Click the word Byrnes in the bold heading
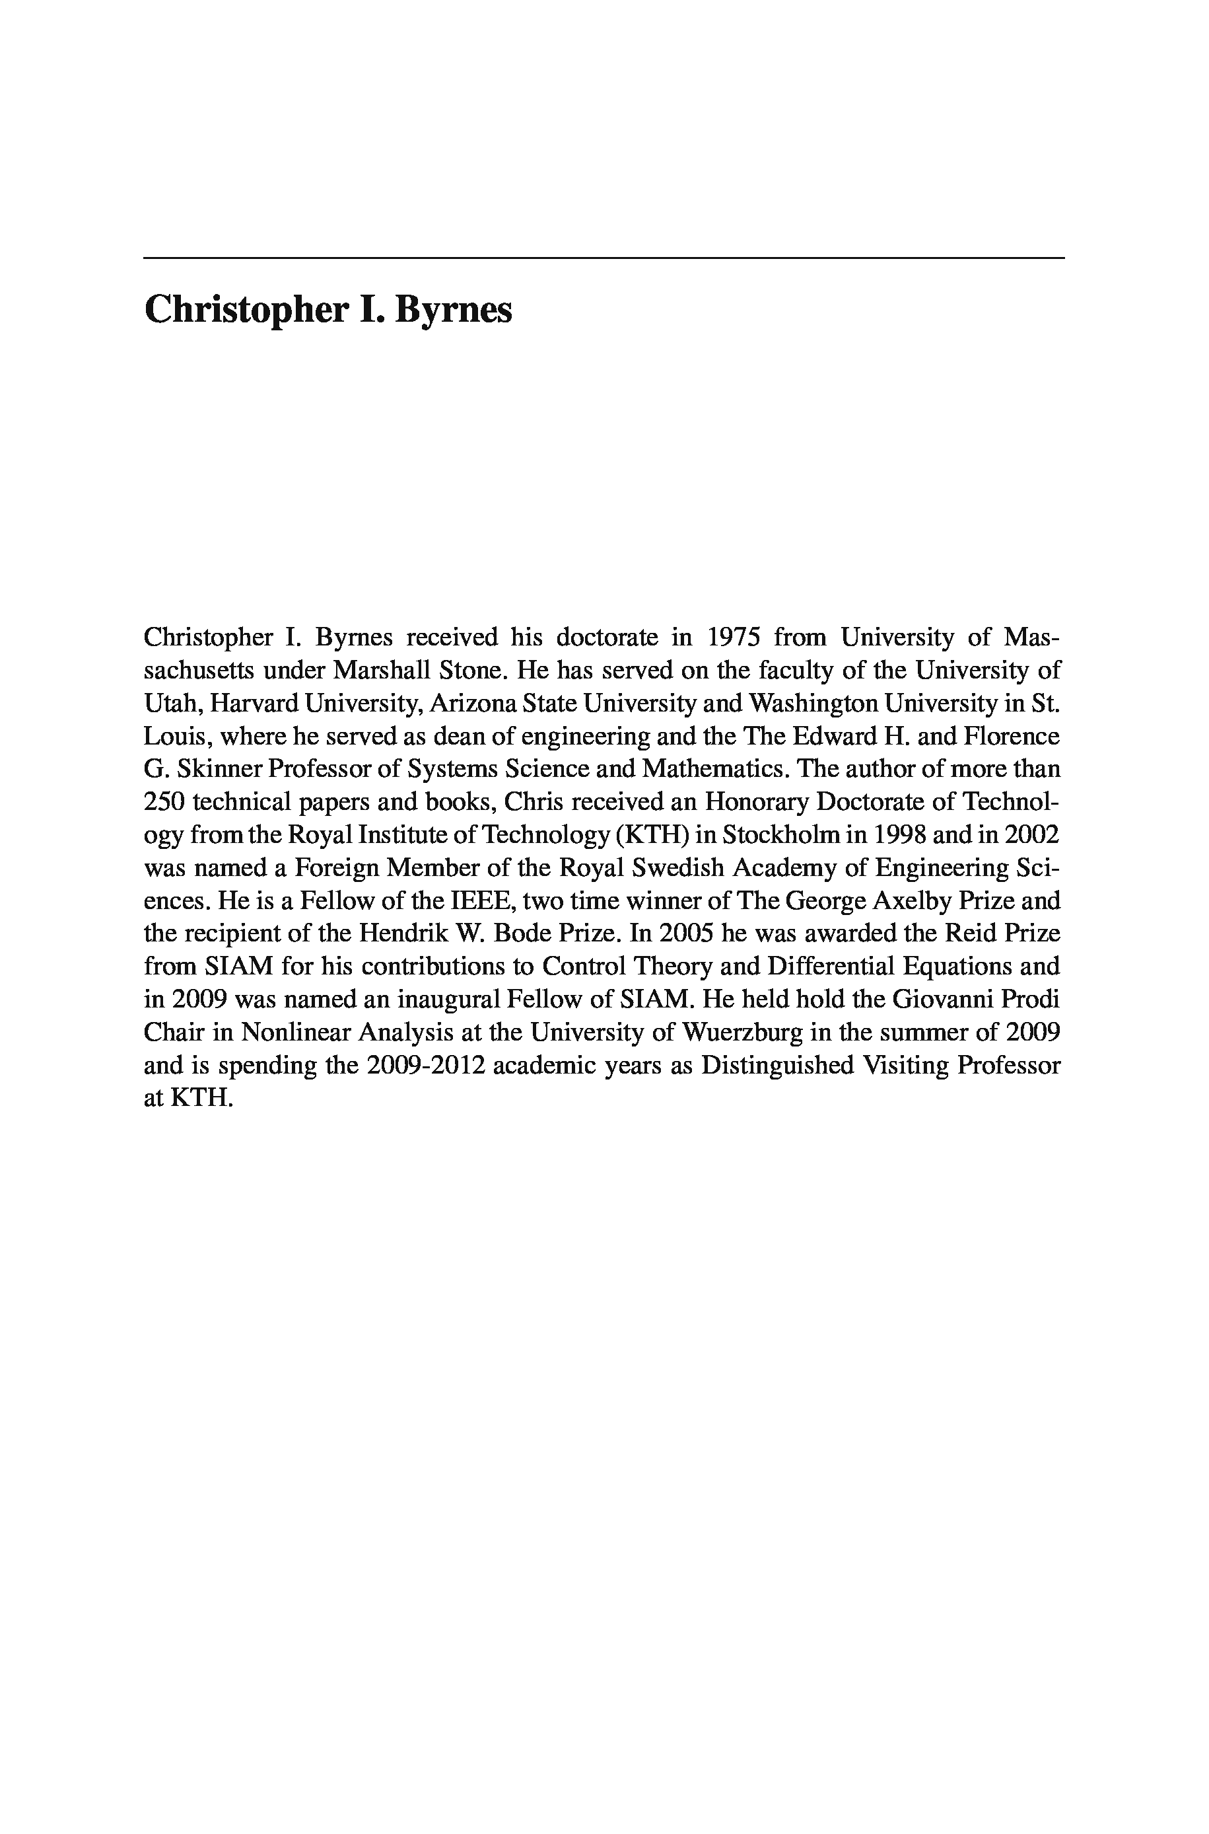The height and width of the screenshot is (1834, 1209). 454,311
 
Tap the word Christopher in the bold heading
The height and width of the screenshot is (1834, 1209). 245,311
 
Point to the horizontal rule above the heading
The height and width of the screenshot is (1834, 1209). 604,258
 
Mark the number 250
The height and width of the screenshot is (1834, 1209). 164,803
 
